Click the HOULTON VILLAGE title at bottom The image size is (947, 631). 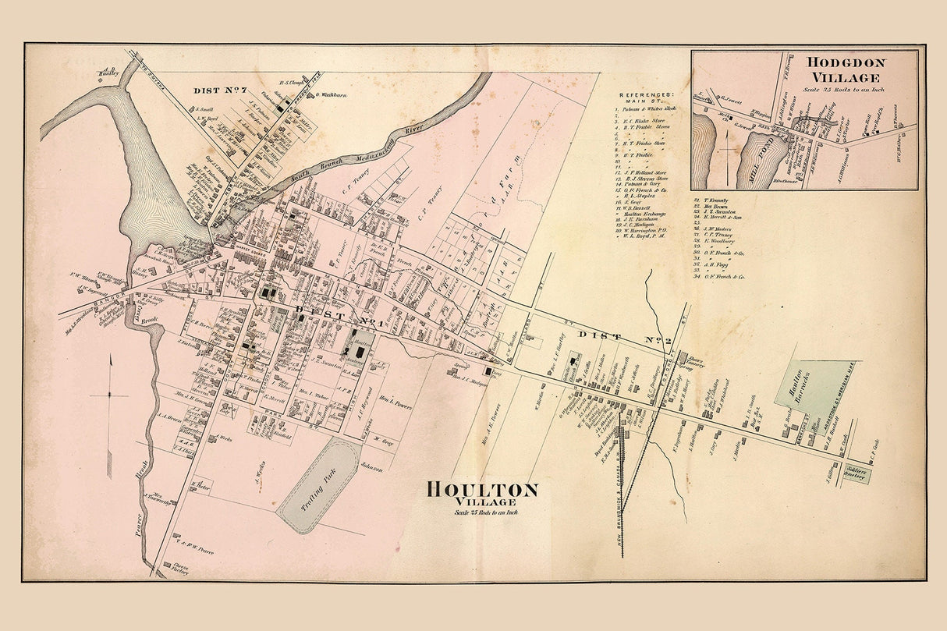[482, 491]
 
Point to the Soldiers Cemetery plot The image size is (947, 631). [853, 476]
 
